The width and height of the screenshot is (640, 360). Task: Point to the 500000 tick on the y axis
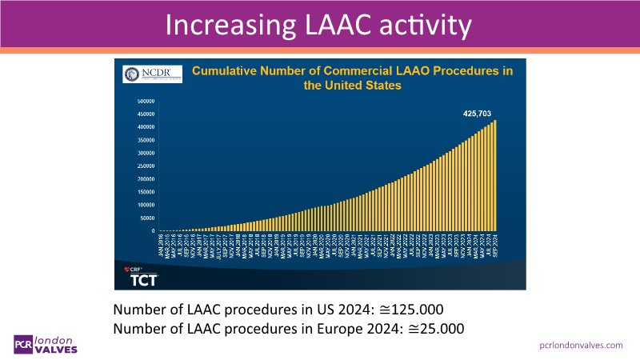point(146,102)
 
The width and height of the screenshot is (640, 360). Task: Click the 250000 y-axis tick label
point(146,166)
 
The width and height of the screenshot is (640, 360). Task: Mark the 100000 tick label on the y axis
point(146,205)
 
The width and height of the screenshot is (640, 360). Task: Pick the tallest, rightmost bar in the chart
point(496,176)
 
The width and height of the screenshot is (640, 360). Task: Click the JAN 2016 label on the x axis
point(160,245)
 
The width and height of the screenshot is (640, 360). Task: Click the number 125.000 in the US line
point(416,310)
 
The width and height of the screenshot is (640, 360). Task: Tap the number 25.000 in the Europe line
point(436,329)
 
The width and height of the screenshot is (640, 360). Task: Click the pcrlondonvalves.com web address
point(581,344)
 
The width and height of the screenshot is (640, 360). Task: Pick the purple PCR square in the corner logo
point(22,342)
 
